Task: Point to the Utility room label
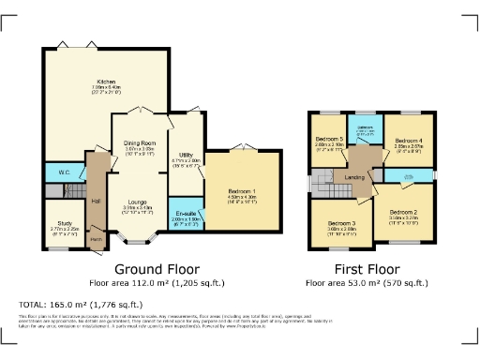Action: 187,155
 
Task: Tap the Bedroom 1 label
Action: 241,192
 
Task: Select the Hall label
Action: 96,200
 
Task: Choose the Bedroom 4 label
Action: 407,142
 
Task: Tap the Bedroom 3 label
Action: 341,223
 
